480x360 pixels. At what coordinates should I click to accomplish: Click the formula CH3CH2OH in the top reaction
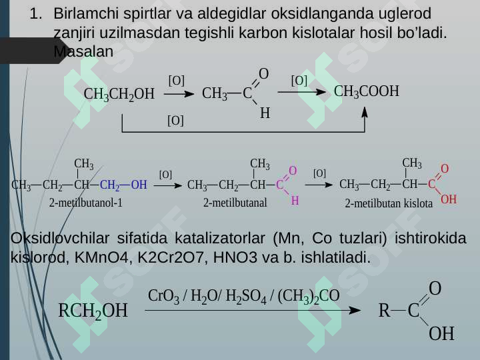coord(119,94)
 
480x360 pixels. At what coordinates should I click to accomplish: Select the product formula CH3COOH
coord(367,91)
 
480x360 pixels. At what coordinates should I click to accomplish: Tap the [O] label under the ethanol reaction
coord(176,121)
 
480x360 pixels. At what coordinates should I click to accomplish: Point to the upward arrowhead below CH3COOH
coord(364,112)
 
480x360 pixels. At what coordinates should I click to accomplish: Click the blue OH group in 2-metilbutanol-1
coord(139,185)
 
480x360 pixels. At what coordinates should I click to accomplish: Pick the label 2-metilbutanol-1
coord(86,203)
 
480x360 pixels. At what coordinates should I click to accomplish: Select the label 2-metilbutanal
coord(235,203)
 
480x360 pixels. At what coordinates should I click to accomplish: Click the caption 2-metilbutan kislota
coord(389,203)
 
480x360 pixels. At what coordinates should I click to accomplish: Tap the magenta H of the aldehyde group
coord(295,201)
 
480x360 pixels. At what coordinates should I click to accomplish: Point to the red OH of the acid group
coord(449,199)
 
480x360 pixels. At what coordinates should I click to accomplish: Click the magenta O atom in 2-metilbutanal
coord(293,171)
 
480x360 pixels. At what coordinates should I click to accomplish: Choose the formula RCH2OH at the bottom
coord(93,311)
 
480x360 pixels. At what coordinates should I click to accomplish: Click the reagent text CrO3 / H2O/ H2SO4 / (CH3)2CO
coord(244,296)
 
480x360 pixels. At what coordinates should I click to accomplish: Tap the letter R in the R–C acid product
coord(385,311)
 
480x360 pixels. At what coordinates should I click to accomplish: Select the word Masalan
coord(83,51)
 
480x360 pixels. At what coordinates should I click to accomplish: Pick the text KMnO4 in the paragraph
coord(101,257)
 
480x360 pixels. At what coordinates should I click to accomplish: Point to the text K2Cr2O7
coord(171,257)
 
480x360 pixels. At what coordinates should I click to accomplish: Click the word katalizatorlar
coord(220,238)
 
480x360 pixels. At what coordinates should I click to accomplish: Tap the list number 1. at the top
coord(36,14)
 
